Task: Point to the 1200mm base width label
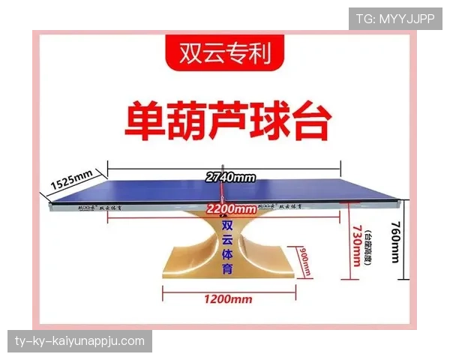[x=227, y=299]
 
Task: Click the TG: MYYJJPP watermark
[x=395, y=18]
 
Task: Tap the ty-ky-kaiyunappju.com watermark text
[x=80, y=342]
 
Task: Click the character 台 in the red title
[x=305, y=122]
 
